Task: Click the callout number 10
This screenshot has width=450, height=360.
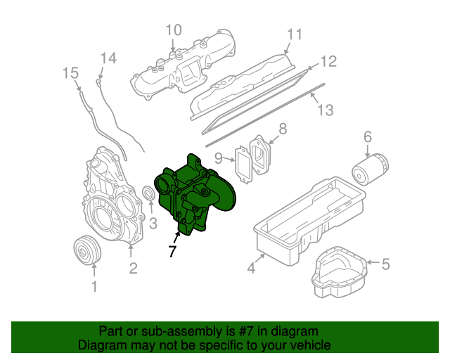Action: [x=174, y=30]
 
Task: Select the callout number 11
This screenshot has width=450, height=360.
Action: [x=294, y=34]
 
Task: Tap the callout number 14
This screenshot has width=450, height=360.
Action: [x=107, y=58]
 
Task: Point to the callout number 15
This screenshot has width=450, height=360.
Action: [x=70, y=72]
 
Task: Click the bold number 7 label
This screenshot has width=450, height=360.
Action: [x=172, y=252]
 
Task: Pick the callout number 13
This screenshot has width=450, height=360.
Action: [x=324, y=110]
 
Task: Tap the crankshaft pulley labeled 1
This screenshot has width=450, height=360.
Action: [x=88, y=252]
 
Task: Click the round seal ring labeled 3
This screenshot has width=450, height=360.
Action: [x=149, y=194]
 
